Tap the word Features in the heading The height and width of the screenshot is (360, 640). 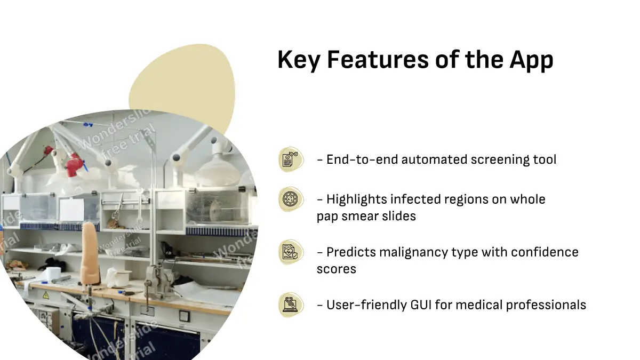378,59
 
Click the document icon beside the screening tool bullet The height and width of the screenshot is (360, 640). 291,159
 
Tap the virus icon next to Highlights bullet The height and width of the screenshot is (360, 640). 291,199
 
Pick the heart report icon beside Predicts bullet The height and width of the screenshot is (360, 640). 291,252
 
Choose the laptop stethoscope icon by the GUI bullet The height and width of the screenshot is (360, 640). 291,305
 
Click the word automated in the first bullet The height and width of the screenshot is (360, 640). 434,159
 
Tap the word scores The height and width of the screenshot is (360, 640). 337,269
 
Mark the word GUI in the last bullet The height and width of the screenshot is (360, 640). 421,305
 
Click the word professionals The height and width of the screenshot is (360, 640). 546,305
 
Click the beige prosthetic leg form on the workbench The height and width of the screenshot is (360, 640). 90,253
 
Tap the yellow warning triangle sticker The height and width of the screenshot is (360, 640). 46,295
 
